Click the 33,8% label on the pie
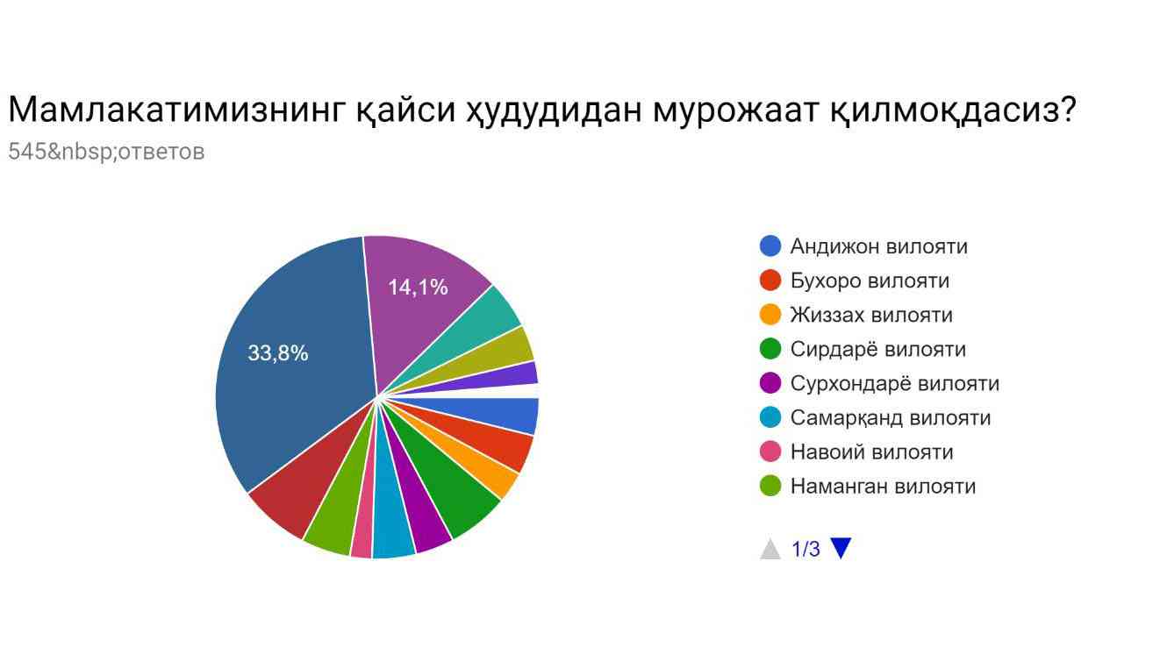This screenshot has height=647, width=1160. click(277, 353)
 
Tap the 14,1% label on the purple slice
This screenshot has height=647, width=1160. click(418, 288)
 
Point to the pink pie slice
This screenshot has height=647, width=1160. click(363, 533)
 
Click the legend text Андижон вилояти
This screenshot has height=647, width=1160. click(879, 246)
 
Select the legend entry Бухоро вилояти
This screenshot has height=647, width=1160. click(870, 281)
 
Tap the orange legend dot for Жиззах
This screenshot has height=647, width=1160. click(770, 315)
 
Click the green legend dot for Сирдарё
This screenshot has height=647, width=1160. click(770, 349)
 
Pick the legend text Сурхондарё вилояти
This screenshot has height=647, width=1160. click(895, 383)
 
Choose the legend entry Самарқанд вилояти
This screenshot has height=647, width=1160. click(891, 417)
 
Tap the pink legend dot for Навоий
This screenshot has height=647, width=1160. click(770, 451)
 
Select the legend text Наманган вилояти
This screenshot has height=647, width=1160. click(883, 486)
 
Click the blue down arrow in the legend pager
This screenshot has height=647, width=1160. click(841, 547)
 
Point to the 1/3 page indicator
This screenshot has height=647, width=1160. click(806, 549)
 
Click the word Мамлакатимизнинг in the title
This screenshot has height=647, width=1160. click(176, 110)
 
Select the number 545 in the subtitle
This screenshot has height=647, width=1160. click(27, 152)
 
